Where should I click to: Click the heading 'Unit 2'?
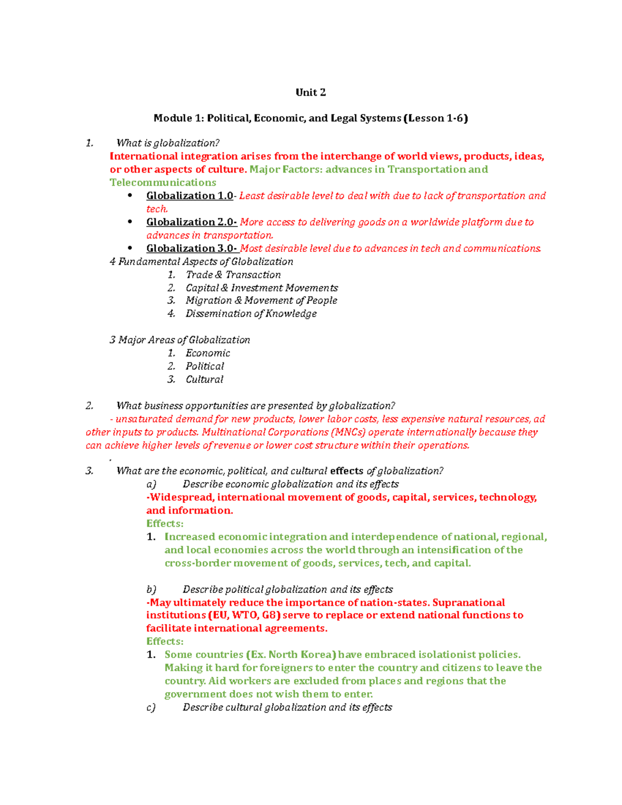[x=310, y=93]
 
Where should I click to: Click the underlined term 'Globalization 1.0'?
[x=190, y=196]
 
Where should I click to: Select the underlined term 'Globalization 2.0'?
[x=191, y=222]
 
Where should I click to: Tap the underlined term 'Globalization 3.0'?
[x=191, y=249]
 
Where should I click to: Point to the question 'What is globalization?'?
[x=168, y=143]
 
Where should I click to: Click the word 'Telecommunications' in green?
[x=163, y=182]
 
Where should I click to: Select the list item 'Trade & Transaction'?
[x=233, y=275]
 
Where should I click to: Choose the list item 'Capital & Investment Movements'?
[x=262, y=288]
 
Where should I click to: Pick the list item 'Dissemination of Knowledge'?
[x=251, y=314]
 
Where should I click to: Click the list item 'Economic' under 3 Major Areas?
[x=208, y=353]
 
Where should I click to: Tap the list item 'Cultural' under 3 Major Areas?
[x=204, y=379]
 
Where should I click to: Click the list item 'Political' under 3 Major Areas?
[x=205, y=366]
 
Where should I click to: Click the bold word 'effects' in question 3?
[x=347, y=471]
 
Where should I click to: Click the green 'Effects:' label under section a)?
[x=165, y=524]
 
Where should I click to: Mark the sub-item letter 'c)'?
[x=151, y=708]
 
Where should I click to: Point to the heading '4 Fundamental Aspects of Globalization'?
[x=201, y=262]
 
